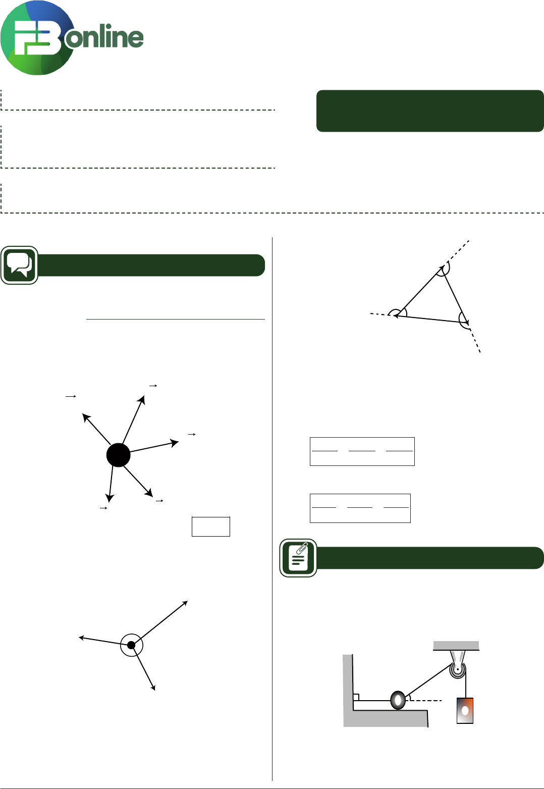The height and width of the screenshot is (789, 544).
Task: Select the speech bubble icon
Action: click(19, 265)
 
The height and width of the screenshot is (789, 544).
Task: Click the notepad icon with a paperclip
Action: click(298, 558)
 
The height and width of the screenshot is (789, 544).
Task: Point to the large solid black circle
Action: click(118, 455)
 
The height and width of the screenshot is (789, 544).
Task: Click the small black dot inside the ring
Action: click(131, 645)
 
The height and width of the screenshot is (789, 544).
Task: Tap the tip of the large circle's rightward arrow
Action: click(179, 441)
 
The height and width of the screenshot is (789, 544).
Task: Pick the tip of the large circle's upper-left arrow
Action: click(82, 414)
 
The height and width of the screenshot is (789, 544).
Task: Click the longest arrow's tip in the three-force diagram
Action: click(188, 601)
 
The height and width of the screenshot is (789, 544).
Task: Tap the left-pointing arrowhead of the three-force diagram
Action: click(79, 637)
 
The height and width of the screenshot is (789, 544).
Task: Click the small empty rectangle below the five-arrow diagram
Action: click(211, 527)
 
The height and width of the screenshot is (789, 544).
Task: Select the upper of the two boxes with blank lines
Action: click(362, 452)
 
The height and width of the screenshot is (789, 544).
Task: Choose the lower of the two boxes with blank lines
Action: click(360, 508)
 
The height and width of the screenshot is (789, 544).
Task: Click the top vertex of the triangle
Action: click(443, 267)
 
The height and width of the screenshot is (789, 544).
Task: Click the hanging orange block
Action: click(465, 710)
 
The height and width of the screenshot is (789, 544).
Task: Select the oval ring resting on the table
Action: click(398, 700)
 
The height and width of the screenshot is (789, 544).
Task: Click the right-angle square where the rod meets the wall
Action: click(356, 697)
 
